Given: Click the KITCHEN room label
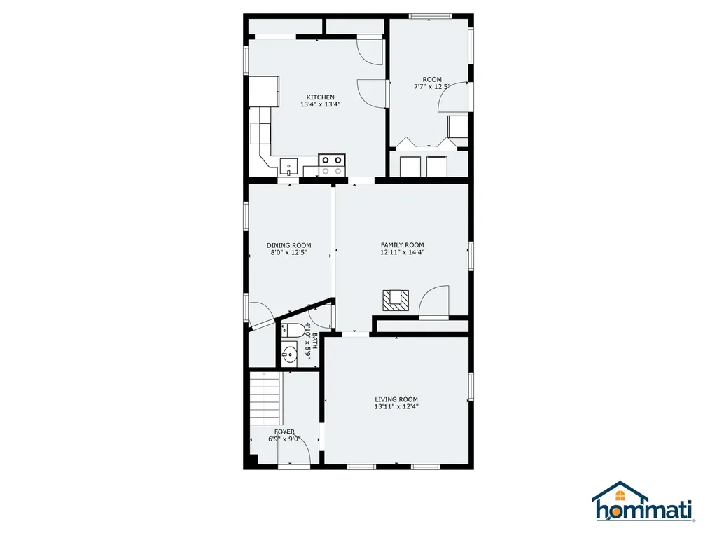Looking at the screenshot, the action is click(x=320, y=97).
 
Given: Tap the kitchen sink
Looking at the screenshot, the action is click(x=288, y=167).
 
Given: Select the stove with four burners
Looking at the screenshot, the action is click(x=331, y=165).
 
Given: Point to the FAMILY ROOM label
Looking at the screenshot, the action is click(x=403, y=244).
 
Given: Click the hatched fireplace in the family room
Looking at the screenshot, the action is click(x=396, y=301).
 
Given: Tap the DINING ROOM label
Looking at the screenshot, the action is click(x=289, y=245).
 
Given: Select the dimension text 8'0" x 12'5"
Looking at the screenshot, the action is click(x=289, y=252).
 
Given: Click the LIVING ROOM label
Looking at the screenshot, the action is click(x=396, y=399).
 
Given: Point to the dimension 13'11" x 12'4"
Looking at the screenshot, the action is click(x=396, y=406).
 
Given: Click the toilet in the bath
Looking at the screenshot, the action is click(x=293, y=329).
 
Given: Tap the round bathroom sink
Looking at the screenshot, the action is click(x=289, y=354).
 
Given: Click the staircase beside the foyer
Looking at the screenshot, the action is click(x=264, y=399).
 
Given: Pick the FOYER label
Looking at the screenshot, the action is click(x=284, y=432).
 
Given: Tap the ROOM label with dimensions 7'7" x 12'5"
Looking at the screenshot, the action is click(x=432, y=80).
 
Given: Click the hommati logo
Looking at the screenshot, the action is click(x=643, y=502).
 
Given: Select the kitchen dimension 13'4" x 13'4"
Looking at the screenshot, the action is click(x=320, y=104).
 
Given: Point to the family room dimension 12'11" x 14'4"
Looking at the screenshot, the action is click(x=403, y=252).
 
